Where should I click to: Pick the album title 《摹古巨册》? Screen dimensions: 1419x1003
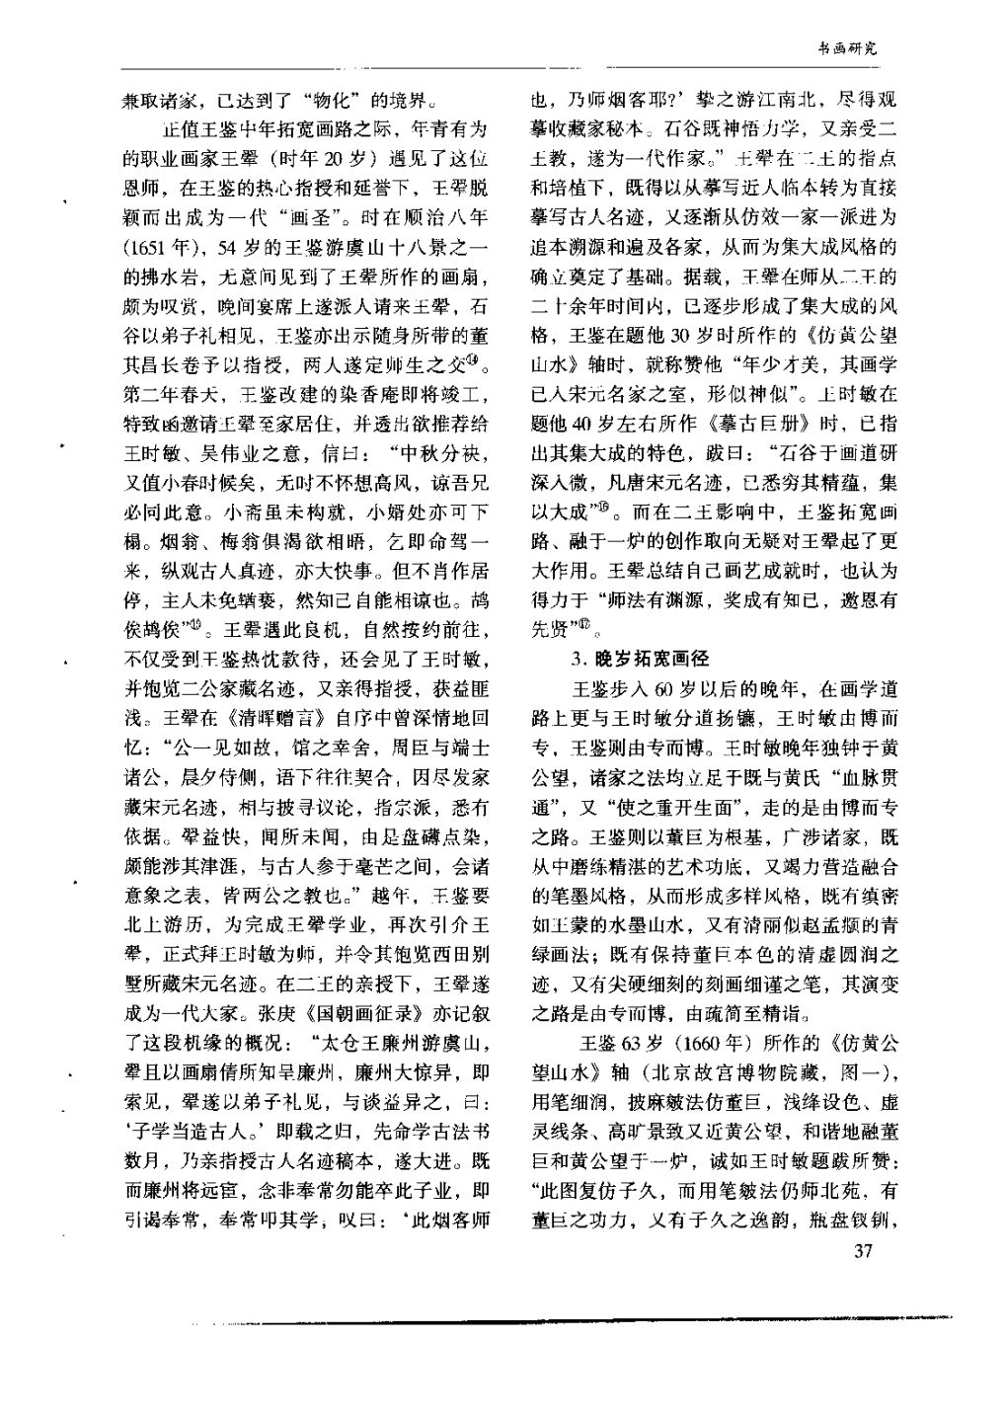pyautogui.click(x=750, y=421)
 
